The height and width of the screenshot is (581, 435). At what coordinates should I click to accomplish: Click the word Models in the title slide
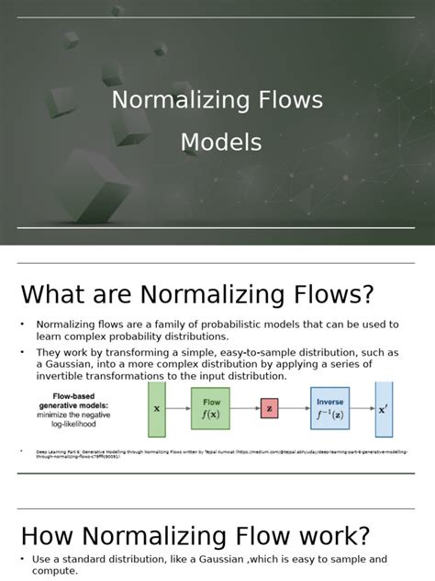coord(220,142)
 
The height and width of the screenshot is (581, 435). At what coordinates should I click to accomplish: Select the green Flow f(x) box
coord(211,408)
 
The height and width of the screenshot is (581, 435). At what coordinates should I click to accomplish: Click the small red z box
coord(269,408)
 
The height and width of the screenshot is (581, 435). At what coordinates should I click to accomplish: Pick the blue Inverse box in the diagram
coord(330,408)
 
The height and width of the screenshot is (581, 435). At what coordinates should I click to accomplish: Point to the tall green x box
coord(156,409)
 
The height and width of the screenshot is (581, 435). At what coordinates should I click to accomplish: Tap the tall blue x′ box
coord(384,409)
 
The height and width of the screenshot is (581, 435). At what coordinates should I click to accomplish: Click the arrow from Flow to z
coord(245,408)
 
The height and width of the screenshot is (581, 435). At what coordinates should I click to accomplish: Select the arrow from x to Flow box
coord(177,408)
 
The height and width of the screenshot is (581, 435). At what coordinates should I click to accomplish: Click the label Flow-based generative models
coord(73,403)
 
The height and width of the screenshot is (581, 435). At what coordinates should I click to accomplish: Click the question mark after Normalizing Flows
coord(367,295)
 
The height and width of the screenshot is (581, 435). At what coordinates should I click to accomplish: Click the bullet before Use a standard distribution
coord(22,559)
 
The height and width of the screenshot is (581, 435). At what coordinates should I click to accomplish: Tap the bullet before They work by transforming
coord(22,353)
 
